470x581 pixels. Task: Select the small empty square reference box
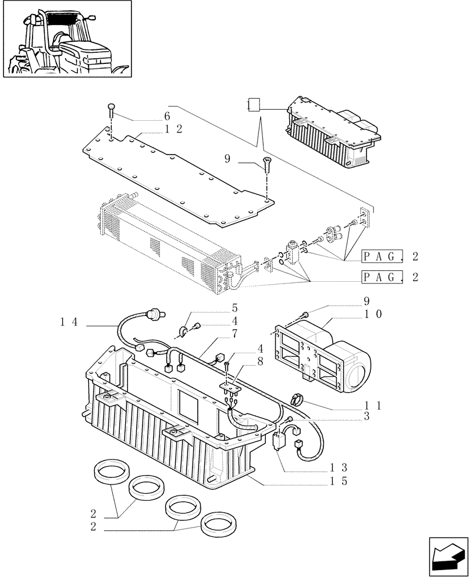click(253, 105)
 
